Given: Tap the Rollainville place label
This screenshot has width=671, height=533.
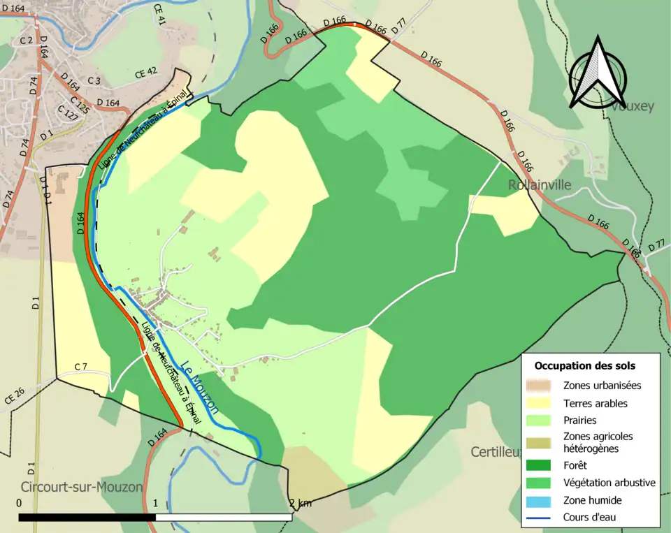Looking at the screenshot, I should [x=540, y=185].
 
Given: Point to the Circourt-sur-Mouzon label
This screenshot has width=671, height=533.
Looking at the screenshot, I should [x=82, y=487].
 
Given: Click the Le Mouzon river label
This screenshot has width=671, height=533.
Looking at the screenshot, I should [x=199, y=387].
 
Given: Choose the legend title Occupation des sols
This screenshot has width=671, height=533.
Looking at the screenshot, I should [x=585, y=365].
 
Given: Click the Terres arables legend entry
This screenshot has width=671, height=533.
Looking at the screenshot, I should [x=595, y=403].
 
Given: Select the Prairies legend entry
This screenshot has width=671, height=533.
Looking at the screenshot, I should [x=579, y=421].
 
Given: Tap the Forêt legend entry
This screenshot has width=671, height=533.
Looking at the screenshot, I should [x=575, y=465].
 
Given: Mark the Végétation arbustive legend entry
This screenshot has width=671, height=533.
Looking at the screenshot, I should [x=609, y=483].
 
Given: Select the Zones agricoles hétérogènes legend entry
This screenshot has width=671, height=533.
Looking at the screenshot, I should [x=598, y=442].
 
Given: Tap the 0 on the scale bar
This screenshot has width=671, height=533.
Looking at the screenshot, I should [x=18, y=503].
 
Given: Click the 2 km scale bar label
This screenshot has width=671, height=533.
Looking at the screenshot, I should [x=301, y=503].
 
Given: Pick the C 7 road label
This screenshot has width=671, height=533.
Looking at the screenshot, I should [x=81, y=367].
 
